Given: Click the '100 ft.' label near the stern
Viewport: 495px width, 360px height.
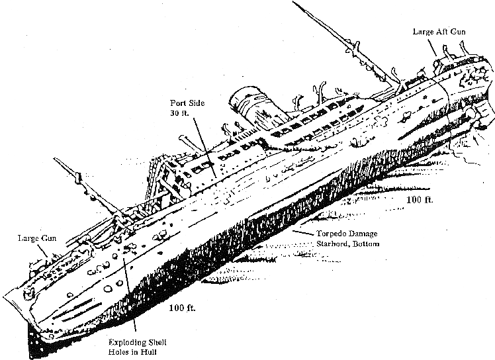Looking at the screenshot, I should click(420, 199).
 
